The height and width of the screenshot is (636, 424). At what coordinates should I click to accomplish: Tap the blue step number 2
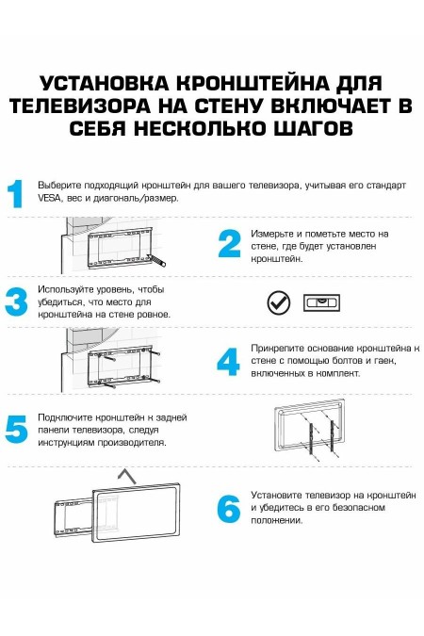(229, 244)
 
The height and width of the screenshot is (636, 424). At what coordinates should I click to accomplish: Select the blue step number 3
(16, 302)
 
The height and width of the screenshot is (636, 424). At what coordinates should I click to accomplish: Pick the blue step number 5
(16, 429)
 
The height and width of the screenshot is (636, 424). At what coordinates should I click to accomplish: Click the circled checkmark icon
(278, 302)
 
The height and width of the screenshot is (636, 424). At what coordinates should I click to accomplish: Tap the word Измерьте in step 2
(271, 233)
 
